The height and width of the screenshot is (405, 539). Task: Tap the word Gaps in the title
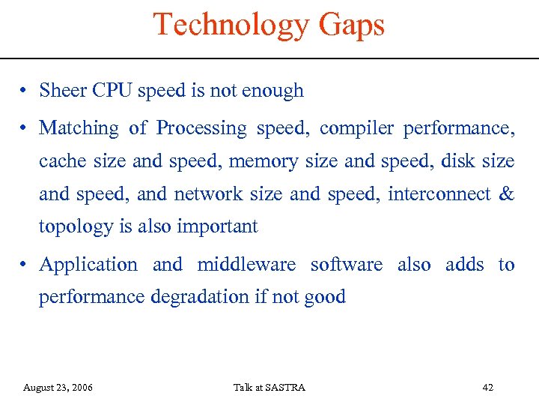[x=351, y=25]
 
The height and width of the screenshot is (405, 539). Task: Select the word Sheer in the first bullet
[x=63, y=91]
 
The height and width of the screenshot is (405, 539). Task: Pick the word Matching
[x=79, y=129]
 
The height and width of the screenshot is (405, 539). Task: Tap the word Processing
[x=201, y=129]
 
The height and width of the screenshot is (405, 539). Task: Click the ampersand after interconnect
[x=506, y=193]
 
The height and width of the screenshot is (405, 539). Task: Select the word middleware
[x=248, y=265]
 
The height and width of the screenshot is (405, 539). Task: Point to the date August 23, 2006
[x=58, y=388]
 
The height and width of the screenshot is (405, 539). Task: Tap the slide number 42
[x=488, y=388]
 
